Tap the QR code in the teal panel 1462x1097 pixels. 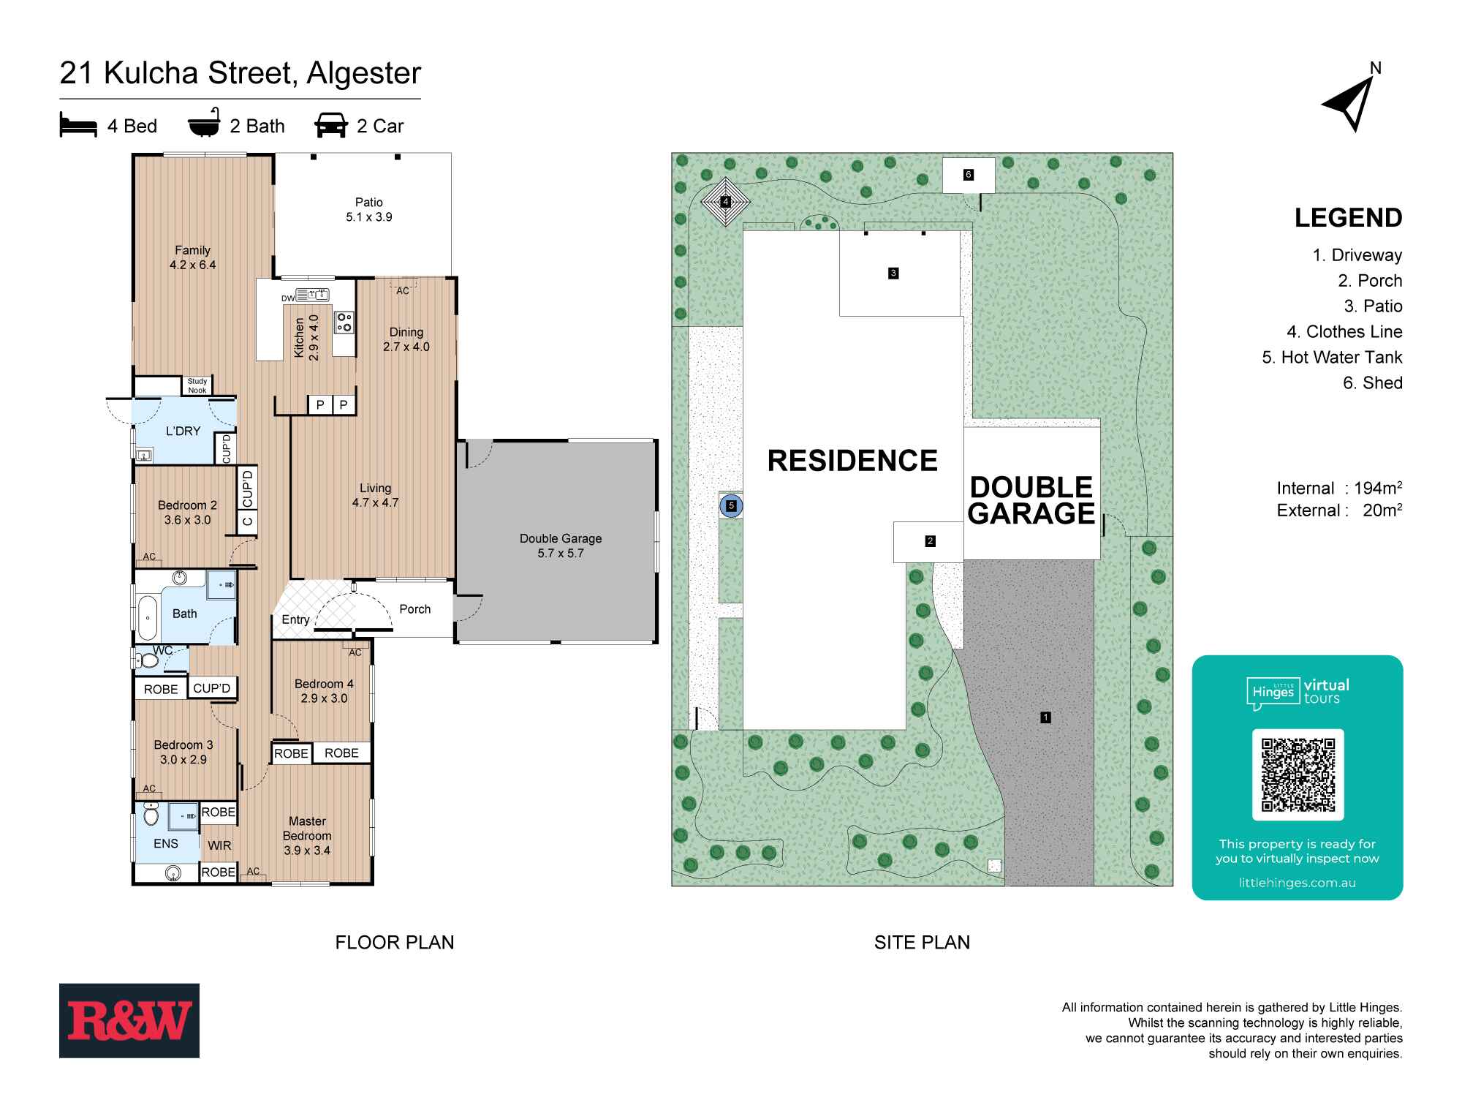1298,774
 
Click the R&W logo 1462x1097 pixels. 129,1020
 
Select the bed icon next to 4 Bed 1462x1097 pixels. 77,126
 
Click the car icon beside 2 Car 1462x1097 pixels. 331,126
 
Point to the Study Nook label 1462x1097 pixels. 197,385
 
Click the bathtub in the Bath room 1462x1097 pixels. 148,618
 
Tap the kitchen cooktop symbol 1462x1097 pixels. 344,322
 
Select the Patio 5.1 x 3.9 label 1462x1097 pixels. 369,209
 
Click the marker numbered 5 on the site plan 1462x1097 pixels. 731,505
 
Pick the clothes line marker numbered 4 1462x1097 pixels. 726,201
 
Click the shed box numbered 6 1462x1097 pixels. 969,175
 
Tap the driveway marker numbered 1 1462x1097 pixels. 1045,717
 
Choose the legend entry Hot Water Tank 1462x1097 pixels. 1332,357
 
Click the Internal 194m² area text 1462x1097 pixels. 1338,488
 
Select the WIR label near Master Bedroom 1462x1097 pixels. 219,845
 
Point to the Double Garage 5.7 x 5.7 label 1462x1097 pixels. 561,546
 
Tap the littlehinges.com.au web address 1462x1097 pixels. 1297,883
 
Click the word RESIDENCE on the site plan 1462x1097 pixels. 852,461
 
